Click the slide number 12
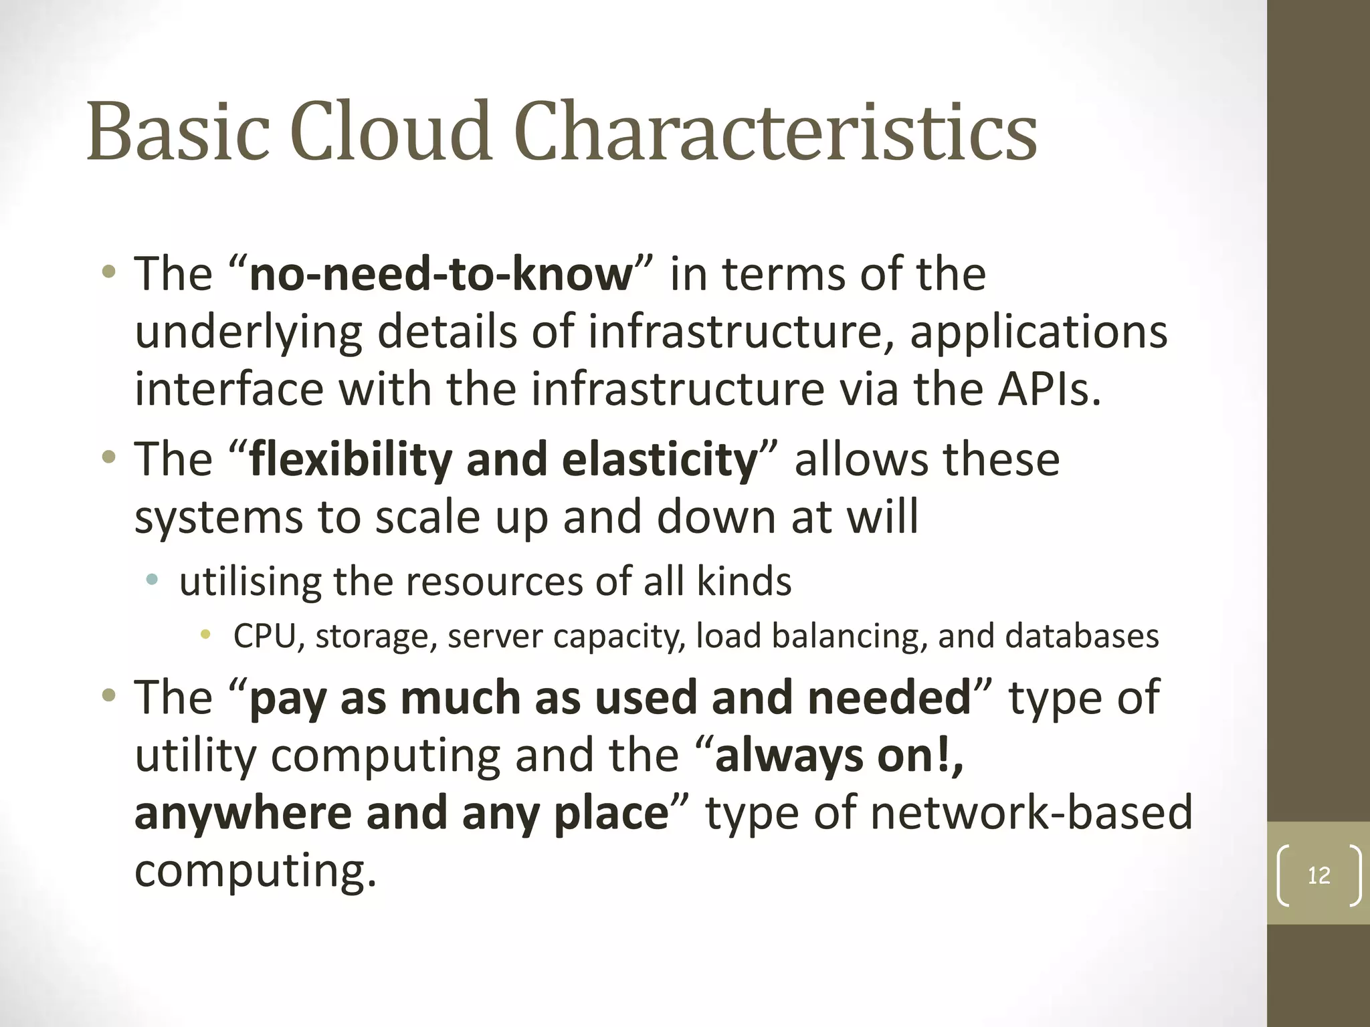pyautogui.click(x=1318, y=875)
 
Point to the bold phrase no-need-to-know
pyautogui.click(x=441, y=274)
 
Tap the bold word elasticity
pyautogui.click(x=659, y=460)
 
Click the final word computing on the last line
pyautogui.click(x=254, y=871)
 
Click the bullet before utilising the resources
pyautogui.click(x=153, y=579)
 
